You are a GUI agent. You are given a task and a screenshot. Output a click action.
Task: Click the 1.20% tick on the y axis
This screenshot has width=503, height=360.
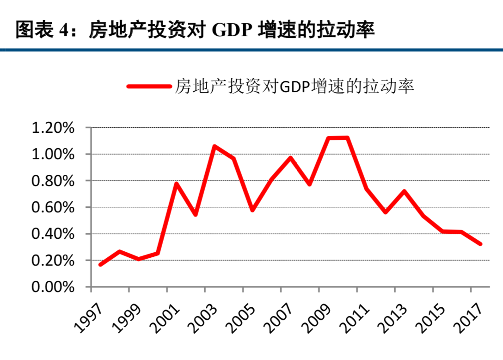click(x=53, y=128)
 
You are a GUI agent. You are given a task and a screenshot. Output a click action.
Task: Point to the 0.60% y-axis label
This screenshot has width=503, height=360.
click(x=53, y=207)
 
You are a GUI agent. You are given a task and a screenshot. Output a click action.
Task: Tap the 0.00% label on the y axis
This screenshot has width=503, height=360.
click(x=53, y=287)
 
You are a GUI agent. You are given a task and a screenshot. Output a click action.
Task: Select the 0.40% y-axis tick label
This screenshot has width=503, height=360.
click(x=53, y=234)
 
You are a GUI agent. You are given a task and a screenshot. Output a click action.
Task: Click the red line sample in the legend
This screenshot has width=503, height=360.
click(x=148, y=86)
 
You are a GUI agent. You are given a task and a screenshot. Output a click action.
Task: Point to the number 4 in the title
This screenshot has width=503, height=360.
click(x=63, y=31)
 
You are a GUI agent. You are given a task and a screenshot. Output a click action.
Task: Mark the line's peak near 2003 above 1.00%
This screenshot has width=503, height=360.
click(x=215, y=146)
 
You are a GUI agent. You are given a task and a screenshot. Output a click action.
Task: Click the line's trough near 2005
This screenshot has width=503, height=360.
click(x=252, y=210)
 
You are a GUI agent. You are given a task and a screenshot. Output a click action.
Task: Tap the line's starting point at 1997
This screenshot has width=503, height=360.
click(x=100, y=264)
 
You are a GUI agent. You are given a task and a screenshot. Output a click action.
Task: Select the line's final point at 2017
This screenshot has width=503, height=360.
click(x=480, y=244)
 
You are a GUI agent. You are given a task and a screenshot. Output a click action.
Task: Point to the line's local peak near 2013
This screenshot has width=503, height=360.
click(x=404, y=191)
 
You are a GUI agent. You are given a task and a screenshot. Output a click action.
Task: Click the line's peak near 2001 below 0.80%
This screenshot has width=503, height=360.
click(x=177, y=184)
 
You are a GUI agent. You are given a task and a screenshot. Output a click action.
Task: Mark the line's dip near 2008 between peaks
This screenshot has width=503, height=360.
click(x=309, y=184)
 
